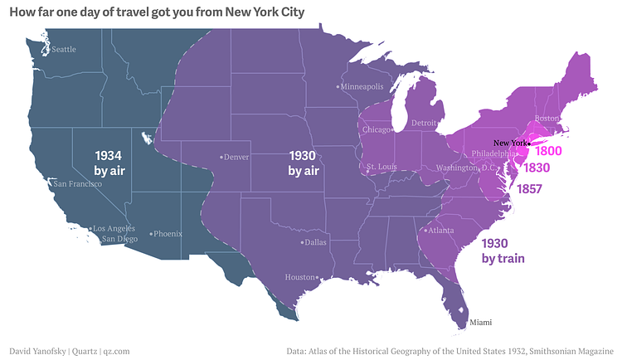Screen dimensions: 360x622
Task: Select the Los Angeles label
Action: point(113,228)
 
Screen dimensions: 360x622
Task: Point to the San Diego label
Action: point(119,239)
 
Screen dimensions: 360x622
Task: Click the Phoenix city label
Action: point(166,234)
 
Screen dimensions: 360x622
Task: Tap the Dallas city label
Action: point(314,243)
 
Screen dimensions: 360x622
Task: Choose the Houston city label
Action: point(300,277)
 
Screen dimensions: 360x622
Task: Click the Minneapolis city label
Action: point(362,86)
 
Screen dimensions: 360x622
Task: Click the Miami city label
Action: point(480,321)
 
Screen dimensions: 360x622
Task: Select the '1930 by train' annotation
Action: point(503,251)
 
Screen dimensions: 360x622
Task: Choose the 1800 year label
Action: point(548,152)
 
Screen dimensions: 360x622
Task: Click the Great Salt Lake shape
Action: point(147,138)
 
